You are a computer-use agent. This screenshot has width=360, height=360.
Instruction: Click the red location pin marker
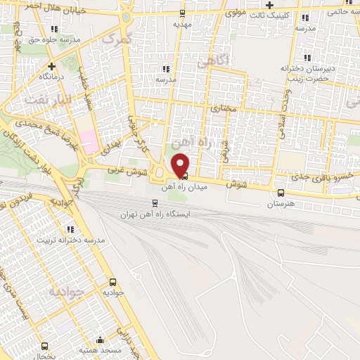point(181,165)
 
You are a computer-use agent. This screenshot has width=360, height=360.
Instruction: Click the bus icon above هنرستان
point(281,193)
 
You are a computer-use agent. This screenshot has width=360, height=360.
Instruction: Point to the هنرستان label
point(281,203)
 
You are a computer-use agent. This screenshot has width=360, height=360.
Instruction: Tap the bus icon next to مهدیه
point(183,13)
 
